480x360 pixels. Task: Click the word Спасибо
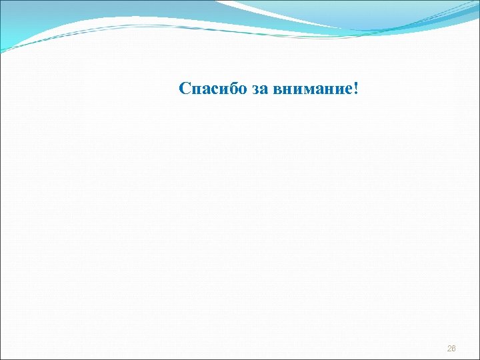tap(213, 89)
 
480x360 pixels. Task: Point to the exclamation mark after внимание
tap(355, 89)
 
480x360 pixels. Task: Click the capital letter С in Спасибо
tap(185, 89)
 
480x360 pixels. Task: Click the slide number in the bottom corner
tap(451, 349)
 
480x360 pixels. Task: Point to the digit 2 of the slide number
tap(449, 349)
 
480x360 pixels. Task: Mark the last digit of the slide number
tap(454, 349)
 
